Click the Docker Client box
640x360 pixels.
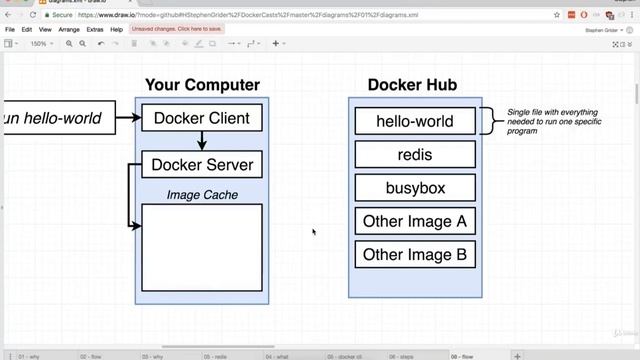coord(202,119)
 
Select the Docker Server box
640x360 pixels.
coord(202,164)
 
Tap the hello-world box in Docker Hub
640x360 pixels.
coord(414,121)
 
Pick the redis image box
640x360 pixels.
coord(414,154)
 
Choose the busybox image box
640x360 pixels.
coord(414,187)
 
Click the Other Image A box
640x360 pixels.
coord(414,221)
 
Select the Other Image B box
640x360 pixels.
coord(414,254)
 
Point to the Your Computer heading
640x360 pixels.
coord(202,85)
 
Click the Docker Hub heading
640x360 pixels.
coord(414,85)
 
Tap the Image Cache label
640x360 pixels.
coord(202,195)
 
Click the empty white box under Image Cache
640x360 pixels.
coord(202,247)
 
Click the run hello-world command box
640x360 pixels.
coord(55,119)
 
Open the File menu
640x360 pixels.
coord(10,30)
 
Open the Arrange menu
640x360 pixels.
coord(69,30)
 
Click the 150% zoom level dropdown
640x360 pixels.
coord(40,44)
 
